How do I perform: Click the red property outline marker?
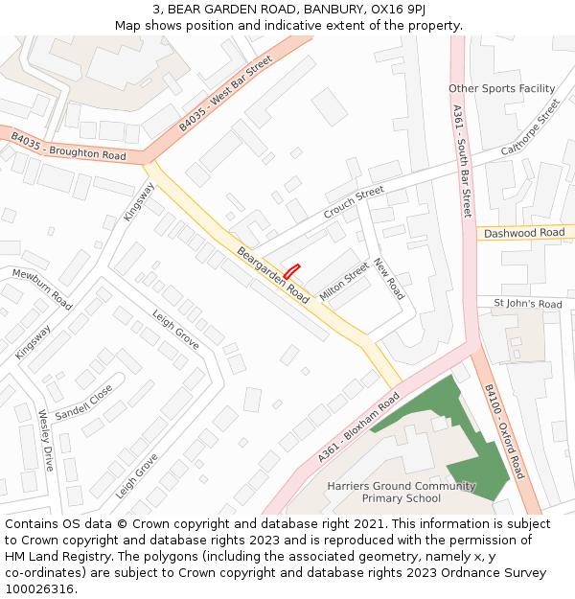(x=292, y=271)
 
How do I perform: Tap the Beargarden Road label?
(x=272, y=275)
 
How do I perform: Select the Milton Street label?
(x=344, y=283)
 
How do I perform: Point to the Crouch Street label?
(x=353, y=202)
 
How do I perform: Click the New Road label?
(x=389, y=279)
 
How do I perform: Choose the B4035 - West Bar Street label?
(x=225, y=93)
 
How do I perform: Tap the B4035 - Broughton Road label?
(x=68, y=147)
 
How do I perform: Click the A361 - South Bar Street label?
(x=461, y=160)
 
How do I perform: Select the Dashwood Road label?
(x=524, y=233)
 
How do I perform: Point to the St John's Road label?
(x=527, y=304)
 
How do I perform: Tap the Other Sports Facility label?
(x=501, y=89)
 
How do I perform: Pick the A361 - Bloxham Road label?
(x=358, y=427)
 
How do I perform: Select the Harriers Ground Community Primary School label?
(x=402, y=492)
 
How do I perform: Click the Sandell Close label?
(x=83, y=403)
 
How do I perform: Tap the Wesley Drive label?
(x=46, y=441)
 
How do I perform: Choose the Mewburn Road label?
(x=41, y=288)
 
